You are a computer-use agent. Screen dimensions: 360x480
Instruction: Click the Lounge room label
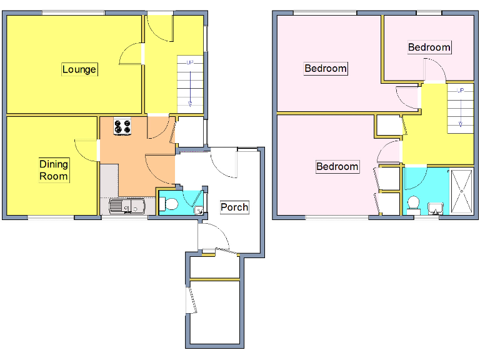tap(79, 69)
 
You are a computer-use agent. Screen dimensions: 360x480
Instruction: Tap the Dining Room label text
tap(54, 170)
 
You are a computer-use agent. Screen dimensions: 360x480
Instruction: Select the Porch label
tap(234, 207)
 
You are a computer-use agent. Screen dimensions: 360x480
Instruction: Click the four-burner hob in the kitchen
tap(123, 127)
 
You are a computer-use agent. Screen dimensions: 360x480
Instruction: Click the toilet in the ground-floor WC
tap(167, 203)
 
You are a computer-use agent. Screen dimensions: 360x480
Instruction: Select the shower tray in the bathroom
tap(463, 191)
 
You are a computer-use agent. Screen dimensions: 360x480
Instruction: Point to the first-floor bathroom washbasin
tap(435, 206)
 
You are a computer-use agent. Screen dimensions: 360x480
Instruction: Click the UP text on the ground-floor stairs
tap(189, 62)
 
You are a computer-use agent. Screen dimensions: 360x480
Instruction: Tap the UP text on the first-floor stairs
tap(461, 91)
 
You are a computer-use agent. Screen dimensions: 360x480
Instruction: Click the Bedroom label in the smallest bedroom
tap(429, 47)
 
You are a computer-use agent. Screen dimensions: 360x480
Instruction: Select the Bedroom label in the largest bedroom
tap(325, 68)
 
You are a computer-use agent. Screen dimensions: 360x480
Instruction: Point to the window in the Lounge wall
tap(73, 12)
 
